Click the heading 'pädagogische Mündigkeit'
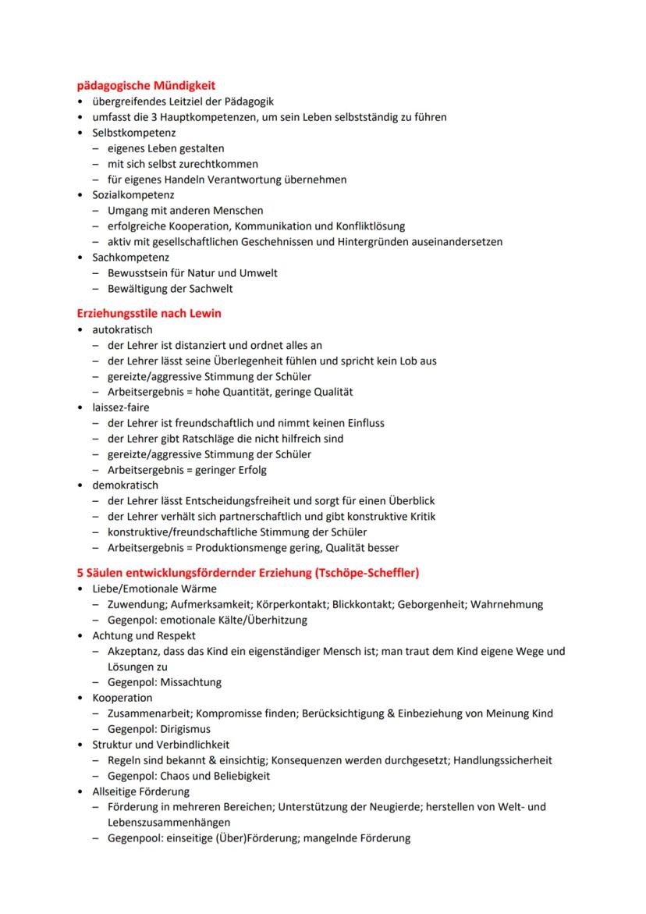146,85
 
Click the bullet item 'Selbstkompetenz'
133,133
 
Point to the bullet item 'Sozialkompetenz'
133,195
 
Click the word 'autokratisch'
122,329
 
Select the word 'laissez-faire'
120,407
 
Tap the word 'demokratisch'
125,485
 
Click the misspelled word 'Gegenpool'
133,838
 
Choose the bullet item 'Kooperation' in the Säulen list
122,698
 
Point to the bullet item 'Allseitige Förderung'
140,791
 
